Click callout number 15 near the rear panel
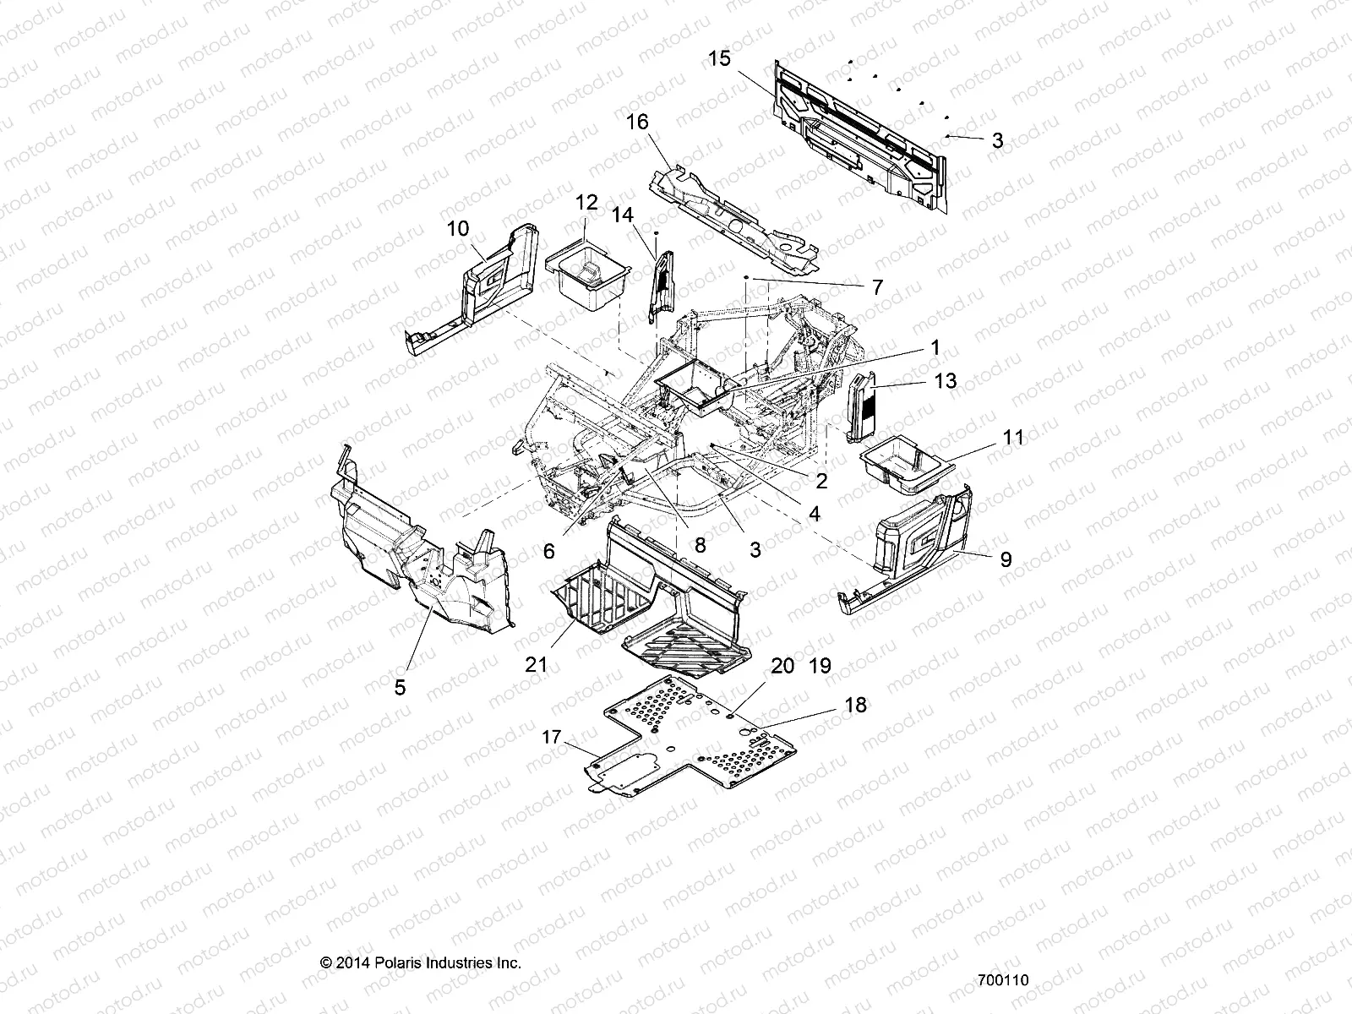[x=719, y=59]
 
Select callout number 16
[x=637, y=123]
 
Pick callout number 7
[x=876, y=287]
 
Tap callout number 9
[x=1006, y=559]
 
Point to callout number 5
[x=400, y=687]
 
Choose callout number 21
[x=537, y=665]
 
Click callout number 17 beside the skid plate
[x=552, y=738]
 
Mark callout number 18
[x=855, y=705]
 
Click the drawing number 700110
[x=1002, y=981]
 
